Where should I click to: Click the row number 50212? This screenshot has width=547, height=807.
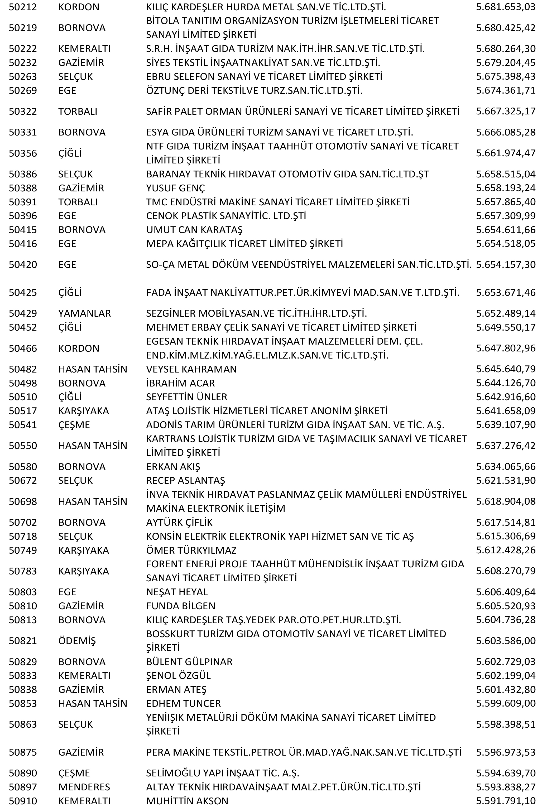pos(23,7)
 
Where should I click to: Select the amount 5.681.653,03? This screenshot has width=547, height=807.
pos(505,7)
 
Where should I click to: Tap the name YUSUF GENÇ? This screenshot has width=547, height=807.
pos(175,188)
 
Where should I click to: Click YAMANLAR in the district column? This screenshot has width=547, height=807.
pos(84,313)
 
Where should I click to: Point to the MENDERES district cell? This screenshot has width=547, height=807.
pos(84,787)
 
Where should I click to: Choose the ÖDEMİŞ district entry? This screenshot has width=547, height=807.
pos(77,641)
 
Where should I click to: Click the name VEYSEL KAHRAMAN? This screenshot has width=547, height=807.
pos(191,369)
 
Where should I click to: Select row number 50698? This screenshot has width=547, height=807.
pos(23,501)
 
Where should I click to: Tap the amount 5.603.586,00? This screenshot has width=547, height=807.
pos(505,641)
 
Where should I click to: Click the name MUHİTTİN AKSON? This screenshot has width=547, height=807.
pos(187,801)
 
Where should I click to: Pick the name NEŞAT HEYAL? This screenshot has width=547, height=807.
pos(177,592)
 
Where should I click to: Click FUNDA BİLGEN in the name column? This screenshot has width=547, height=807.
pos(181,606)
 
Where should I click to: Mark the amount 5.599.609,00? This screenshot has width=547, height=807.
pos(505,703)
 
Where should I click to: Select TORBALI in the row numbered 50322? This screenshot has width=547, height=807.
pos(78,112)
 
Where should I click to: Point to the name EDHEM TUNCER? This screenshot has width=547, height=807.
pos(183,703)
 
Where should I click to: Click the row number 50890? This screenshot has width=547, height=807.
pos(23,773)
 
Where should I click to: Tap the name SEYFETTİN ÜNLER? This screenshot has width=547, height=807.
pos(186,397)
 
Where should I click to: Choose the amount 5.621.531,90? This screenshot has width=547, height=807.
pos(505,480)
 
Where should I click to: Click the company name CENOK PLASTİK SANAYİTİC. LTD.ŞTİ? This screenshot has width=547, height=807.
pos(226,216)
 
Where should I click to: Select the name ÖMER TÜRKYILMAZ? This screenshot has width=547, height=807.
pos(191,550)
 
